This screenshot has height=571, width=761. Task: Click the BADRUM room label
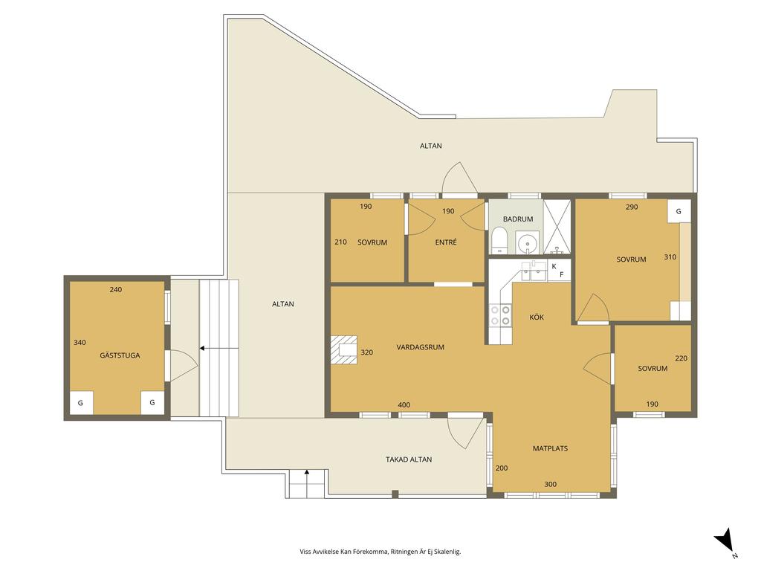[518, 219]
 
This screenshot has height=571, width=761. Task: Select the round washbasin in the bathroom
[527, 242]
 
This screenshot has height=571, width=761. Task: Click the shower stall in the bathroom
[557, 226]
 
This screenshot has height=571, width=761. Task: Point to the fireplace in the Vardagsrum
[344, 349]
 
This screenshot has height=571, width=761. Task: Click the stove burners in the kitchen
[500, 314]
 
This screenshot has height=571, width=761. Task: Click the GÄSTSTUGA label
[120, 355]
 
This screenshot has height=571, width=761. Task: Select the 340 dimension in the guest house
[80, 342]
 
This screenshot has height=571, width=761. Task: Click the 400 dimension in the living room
[404, 405]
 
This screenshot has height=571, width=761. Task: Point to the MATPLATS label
[550, 448]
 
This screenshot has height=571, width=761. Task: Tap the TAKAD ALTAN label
[409, 459]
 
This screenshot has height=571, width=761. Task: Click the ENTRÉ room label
[446, 242]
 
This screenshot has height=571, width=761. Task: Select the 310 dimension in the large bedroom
[670, 257]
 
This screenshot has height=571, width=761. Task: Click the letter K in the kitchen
[554, 266]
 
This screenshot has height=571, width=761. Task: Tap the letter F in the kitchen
[562, 275]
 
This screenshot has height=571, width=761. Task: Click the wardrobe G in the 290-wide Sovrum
[679, 211]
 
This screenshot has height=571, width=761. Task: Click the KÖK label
[537, 317]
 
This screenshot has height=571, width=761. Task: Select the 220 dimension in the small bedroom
[681, 358]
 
